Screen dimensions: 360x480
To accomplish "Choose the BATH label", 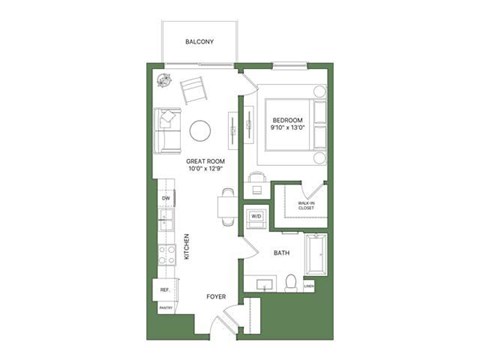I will point(282,253).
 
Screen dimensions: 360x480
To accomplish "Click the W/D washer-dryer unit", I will point(256,216).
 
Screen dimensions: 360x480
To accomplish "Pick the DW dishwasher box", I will point(166,200).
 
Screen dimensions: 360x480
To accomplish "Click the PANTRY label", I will point(165,308).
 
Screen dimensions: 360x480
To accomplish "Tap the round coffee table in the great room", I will point(201,130).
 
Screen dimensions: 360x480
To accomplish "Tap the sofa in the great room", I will point(167,131).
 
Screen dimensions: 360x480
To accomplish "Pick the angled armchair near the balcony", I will point(193,90).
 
